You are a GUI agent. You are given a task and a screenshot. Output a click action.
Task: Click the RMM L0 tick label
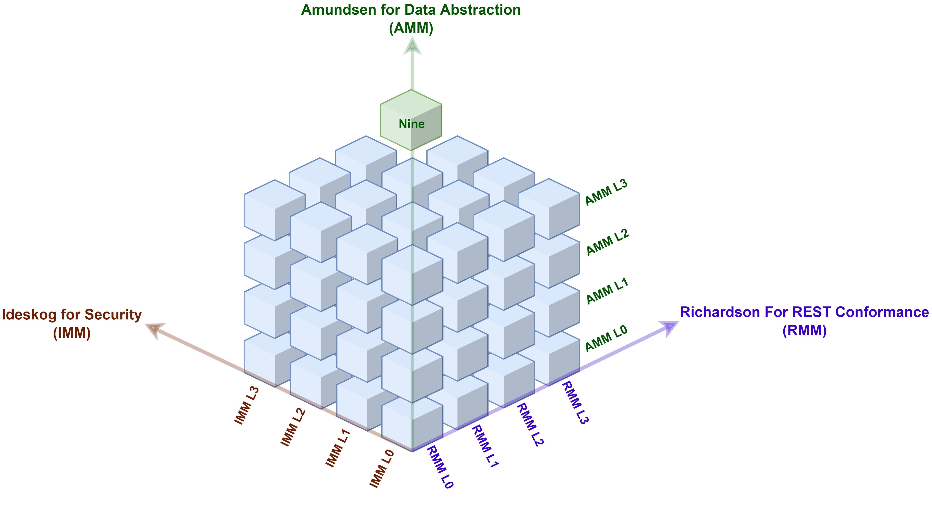(x=440, y=467)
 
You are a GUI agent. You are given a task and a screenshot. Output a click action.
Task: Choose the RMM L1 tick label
(x=485, y=446)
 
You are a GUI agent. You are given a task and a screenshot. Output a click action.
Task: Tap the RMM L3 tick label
(x=575, y=402)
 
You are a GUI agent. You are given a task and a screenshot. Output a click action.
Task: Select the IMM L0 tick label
(x=382, y=468)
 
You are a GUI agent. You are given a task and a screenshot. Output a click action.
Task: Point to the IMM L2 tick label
(x=293, y=427)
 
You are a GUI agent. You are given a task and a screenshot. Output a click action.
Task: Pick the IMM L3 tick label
(x=247, y=405)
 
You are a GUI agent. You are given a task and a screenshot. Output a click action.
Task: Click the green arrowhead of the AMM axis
(x=412, y=47)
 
